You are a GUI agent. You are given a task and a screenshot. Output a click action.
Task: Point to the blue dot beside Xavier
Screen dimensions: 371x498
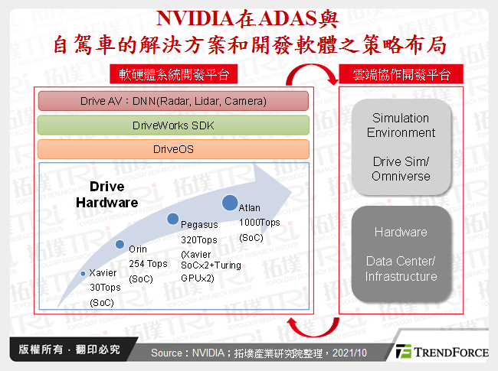pyautogui.click(x=83, y=273)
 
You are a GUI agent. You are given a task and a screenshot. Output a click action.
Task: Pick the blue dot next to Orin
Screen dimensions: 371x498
pyautogui.click(x=120, y=244)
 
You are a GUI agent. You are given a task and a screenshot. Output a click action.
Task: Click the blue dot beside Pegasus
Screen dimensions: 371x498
pyautogui.click(x=172, y=220)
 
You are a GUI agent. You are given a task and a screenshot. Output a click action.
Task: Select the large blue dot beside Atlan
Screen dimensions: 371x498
pyautogui.click(x=229, y=203)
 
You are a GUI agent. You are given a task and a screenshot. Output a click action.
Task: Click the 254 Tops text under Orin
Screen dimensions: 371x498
pyautogui.click(x=147, y=264)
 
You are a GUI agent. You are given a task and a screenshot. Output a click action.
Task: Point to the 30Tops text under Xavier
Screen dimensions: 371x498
pyautogui.click(x=106, y=288)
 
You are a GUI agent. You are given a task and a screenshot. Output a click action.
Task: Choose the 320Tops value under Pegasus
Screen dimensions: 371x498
pyautogui.click(x=198, y=239)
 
